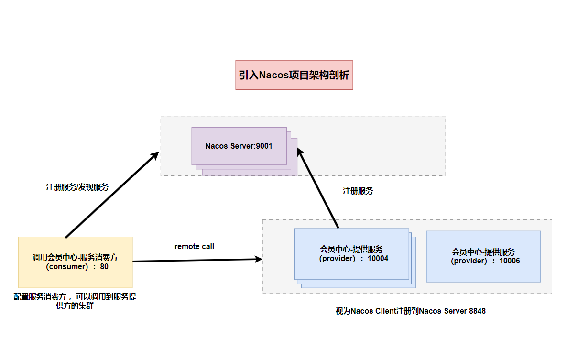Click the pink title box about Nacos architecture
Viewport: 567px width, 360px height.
coord(294,75)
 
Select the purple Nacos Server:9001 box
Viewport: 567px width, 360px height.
coord(239,146)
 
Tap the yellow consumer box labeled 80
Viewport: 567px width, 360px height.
coord(75,262)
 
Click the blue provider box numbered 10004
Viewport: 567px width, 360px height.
coord(351,254)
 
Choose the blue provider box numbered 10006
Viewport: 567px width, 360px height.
coord(483,256)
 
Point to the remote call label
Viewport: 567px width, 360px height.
coord(194,247)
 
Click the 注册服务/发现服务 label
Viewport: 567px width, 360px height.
coord(77,187)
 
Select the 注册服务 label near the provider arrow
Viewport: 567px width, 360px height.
coord(358,191)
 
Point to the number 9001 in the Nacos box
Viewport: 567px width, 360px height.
coord(263,146)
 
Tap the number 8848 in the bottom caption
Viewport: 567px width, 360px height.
coord(477,311)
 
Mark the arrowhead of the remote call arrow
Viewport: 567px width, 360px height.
coord(259,260)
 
